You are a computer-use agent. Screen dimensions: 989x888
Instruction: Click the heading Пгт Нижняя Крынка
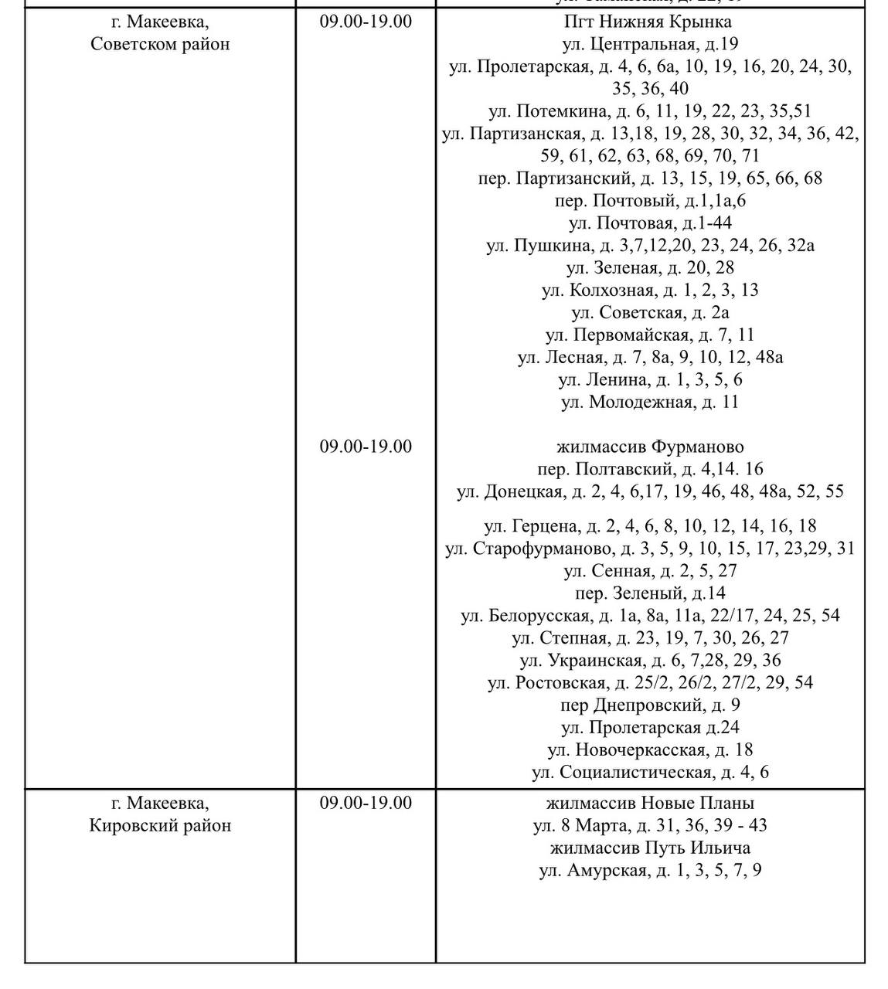[649, 22]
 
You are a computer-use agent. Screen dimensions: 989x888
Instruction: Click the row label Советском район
[160, 44]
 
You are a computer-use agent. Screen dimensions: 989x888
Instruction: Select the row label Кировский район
[160, 825]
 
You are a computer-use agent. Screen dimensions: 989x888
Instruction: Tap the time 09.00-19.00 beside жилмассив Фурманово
[366, 447]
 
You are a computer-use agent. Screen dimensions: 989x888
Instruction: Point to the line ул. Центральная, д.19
[649, 44]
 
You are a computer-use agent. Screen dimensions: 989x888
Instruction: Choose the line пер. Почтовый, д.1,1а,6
[649, 201]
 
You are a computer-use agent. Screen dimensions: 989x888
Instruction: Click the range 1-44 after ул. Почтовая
[715, 223]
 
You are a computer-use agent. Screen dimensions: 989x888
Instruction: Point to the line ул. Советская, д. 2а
[649, 313]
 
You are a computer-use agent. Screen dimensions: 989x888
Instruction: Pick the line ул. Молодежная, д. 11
[649, 403]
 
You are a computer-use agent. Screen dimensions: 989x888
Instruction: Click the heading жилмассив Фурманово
[649, 447]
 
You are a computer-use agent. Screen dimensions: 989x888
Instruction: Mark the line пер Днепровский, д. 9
[649, 705]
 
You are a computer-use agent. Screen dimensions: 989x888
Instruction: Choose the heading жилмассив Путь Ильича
[649, 848]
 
